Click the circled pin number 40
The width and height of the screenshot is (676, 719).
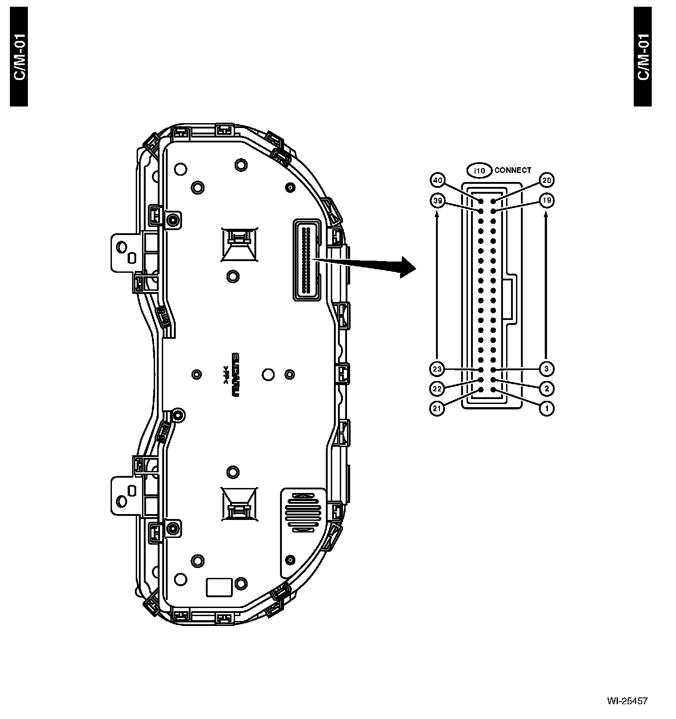(437, 181)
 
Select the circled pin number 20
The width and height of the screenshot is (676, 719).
(547, 181)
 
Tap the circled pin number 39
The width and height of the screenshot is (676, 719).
(437, 201)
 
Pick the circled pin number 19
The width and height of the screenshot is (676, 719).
(547, 200)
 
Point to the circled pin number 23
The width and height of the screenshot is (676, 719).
(437, 369)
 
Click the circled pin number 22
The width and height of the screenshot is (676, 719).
(437, 389)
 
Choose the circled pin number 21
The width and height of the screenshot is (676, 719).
(437, 408)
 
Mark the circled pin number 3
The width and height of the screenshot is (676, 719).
(547, 369)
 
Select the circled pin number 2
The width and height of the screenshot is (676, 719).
(547, 389)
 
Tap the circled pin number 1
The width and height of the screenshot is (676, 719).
(547, 408)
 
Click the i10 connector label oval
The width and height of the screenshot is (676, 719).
(479, 171)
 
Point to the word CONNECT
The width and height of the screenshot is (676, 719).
(512, 170)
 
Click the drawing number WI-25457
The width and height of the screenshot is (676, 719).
(627, 701)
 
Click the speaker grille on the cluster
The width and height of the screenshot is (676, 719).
(302, 512)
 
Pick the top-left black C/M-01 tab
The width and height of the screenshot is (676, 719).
(19, 57)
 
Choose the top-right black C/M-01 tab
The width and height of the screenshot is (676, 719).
(642, 57)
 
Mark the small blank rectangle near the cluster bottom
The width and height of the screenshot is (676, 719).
(219, 587)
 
